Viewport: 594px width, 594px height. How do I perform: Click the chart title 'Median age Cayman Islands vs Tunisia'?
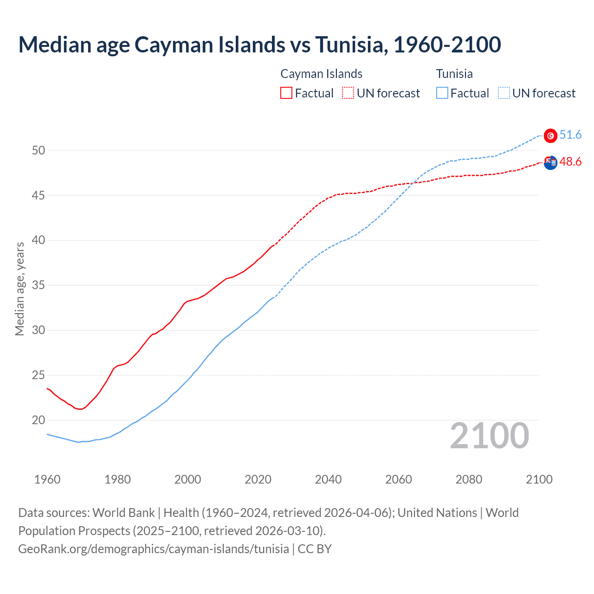[259, 45]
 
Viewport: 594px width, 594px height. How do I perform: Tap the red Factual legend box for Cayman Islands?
[286, 93]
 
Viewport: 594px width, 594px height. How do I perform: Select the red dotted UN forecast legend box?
[348, 93]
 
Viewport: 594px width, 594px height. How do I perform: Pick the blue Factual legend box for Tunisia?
[442, 93]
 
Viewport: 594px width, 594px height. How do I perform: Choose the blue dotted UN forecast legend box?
[504, 93]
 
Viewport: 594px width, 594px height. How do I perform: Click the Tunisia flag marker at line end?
[550, 136]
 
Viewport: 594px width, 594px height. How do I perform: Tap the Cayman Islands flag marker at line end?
[550, 162]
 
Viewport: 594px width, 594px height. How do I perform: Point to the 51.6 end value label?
[570, 135]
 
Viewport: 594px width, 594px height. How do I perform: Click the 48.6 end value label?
[570, 162]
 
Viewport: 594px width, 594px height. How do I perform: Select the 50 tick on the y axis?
[39, 150]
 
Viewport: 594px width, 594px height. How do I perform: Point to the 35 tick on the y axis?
[39, 285]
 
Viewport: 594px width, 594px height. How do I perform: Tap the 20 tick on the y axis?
[39, 420]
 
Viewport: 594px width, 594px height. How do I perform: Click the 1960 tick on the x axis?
[47, 479]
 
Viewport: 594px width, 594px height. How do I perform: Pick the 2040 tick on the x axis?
[328, 479]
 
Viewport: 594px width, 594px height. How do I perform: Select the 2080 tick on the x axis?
[469, 479]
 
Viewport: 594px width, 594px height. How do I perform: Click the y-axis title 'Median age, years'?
[19, 289]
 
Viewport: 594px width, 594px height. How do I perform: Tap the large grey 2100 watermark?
[489, 436]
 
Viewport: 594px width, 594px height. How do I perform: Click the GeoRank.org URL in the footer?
[153, 549]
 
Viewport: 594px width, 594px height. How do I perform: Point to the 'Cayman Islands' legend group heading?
[321, 74]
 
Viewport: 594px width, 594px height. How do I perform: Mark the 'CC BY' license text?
[315, 549]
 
